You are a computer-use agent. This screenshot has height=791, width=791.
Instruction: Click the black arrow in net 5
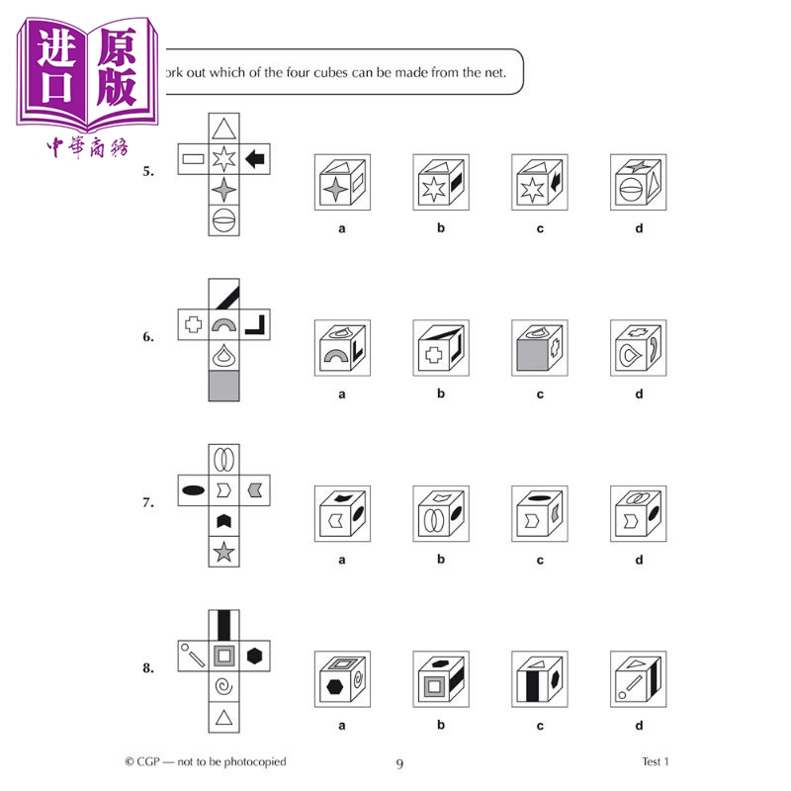click(255, 157)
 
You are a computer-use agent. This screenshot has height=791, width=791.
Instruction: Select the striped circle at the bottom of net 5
click(224, 219)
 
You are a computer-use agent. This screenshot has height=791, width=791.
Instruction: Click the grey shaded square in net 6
click(224, 385)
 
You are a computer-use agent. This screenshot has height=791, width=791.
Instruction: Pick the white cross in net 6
click(194, 322)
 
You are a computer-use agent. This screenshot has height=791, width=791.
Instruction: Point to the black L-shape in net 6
click(255, 322)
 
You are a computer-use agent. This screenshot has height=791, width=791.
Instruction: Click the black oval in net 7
click(194, 488)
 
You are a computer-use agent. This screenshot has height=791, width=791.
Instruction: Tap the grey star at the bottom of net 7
click(224, 551)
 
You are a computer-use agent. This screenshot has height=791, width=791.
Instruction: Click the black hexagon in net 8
click(255, 655)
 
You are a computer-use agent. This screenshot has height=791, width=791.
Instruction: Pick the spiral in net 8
click(224, 685)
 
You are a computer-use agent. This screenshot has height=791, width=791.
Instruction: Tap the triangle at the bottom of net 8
click(224, 716)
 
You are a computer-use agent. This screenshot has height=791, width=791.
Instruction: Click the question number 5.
click(148, 171)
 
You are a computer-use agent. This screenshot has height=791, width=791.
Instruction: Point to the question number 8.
click(148, 668)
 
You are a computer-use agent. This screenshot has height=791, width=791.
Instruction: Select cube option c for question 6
click(540, 348)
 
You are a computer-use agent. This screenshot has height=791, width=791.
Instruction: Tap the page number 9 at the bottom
click(399, 763)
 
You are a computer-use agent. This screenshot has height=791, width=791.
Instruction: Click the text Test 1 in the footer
click(649, 761)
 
